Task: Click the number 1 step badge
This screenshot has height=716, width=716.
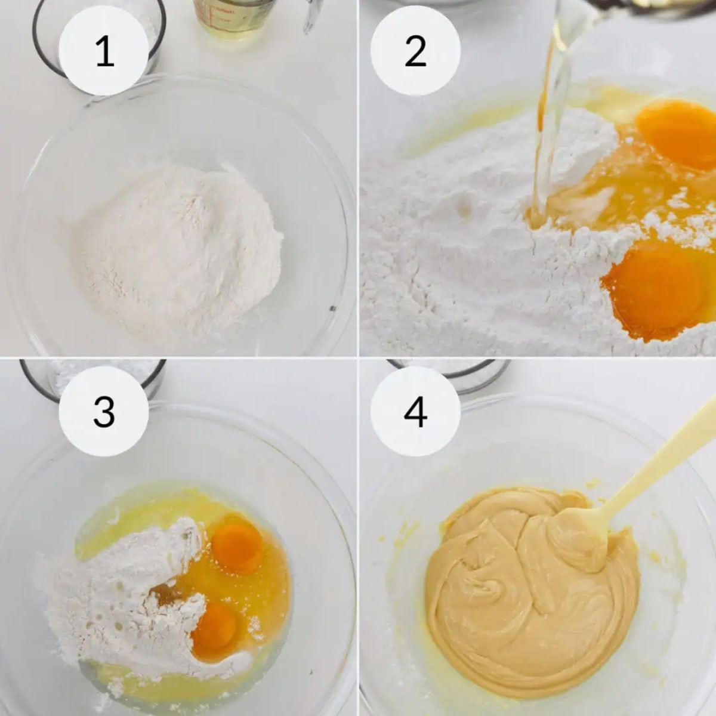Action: point(104,51)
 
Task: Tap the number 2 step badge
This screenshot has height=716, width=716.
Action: point(415,51)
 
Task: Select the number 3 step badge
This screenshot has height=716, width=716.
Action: point(104,412)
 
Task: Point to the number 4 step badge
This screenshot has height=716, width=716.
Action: point(415,412)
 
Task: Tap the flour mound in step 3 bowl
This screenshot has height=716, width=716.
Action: point(131,591)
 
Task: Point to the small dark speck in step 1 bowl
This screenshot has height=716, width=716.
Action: point(332,308)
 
